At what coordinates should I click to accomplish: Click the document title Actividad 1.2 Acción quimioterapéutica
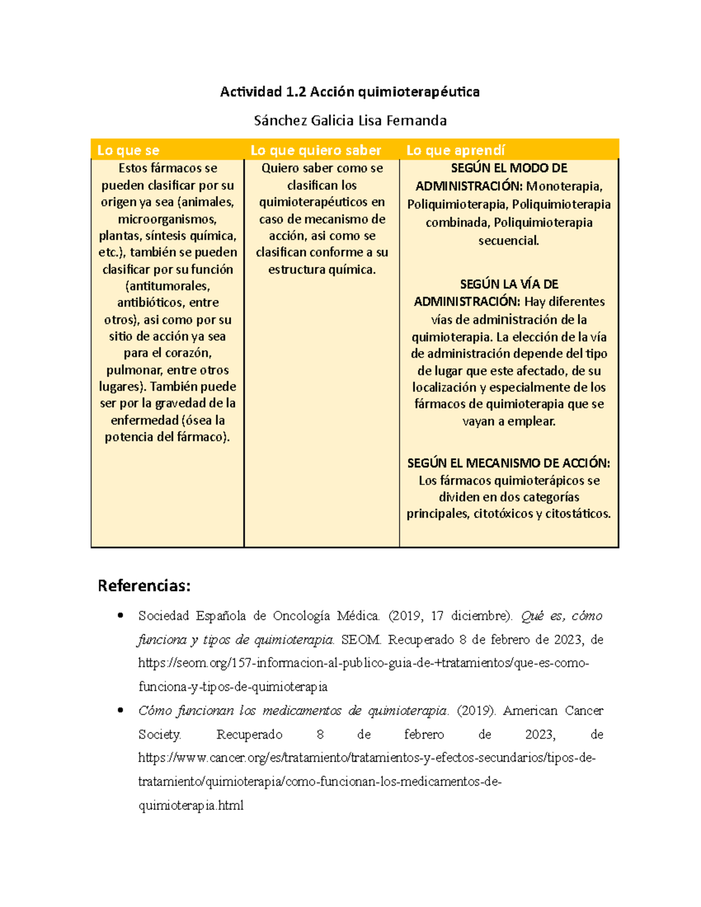pyautogui.click(x=349, y=92)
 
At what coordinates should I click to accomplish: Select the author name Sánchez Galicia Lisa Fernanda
pyautogui.click(x=349, y=121)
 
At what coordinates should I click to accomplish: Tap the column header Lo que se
pyautogui.click(x=128, y=150)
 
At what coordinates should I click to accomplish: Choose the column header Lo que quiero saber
pyautogui.click(x=315, y=150)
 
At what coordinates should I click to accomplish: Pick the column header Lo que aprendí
pyautogui.click(x=456, y=150)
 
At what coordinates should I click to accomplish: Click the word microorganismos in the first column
pyautogui.click(x=167, y=220)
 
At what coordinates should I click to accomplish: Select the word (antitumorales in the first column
pyautogui.click(x=167, y=286)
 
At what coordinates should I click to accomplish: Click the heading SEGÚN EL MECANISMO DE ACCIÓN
pyautogui.click(x=508, y=463)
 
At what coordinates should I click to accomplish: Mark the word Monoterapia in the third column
pyautogui.click(x=563, y=186)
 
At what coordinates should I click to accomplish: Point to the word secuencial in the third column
pyautogui.click(x=508, y=241)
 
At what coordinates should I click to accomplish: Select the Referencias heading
pyautogui.click(x=144, y=586)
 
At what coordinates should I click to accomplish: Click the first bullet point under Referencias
pyautogui.click(x=120, y=615)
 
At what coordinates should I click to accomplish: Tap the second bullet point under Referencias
pyautogui.click(x=120, y=710)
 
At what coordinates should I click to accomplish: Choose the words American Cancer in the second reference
pyautogui.click(x=553, y=711)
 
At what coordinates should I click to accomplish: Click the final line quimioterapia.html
pyautogui.click(x=190, y=806)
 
